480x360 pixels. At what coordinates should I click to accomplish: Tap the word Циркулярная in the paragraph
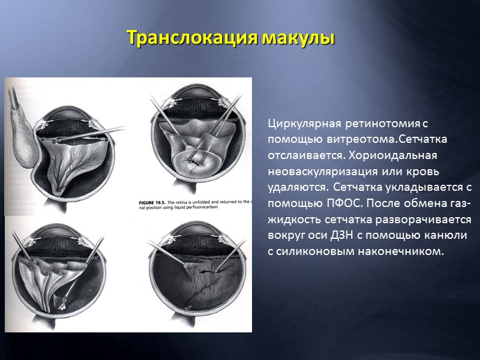(x=304, y=125)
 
